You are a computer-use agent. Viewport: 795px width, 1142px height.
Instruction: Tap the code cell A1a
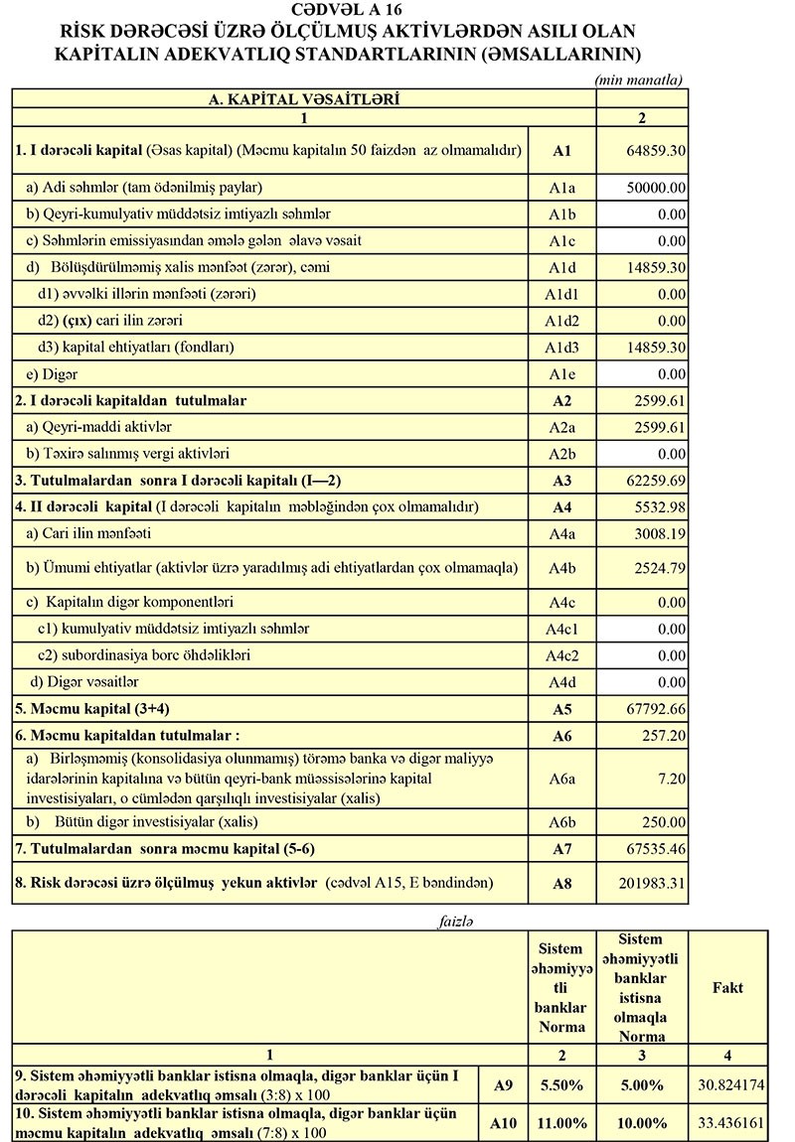point(560,187)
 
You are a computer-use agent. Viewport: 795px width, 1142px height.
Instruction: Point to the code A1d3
point(560,348)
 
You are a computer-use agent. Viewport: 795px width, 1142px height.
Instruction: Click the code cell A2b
point(560,455)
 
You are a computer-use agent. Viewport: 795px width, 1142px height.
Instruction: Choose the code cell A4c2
point(560,656)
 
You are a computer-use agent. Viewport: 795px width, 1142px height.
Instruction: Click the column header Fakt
point(728,988)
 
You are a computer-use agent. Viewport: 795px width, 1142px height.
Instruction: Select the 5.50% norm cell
point(560,1085)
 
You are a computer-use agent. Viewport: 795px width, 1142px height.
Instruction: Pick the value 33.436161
point(731,1124)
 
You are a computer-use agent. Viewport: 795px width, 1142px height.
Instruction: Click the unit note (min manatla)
point(638,79)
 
